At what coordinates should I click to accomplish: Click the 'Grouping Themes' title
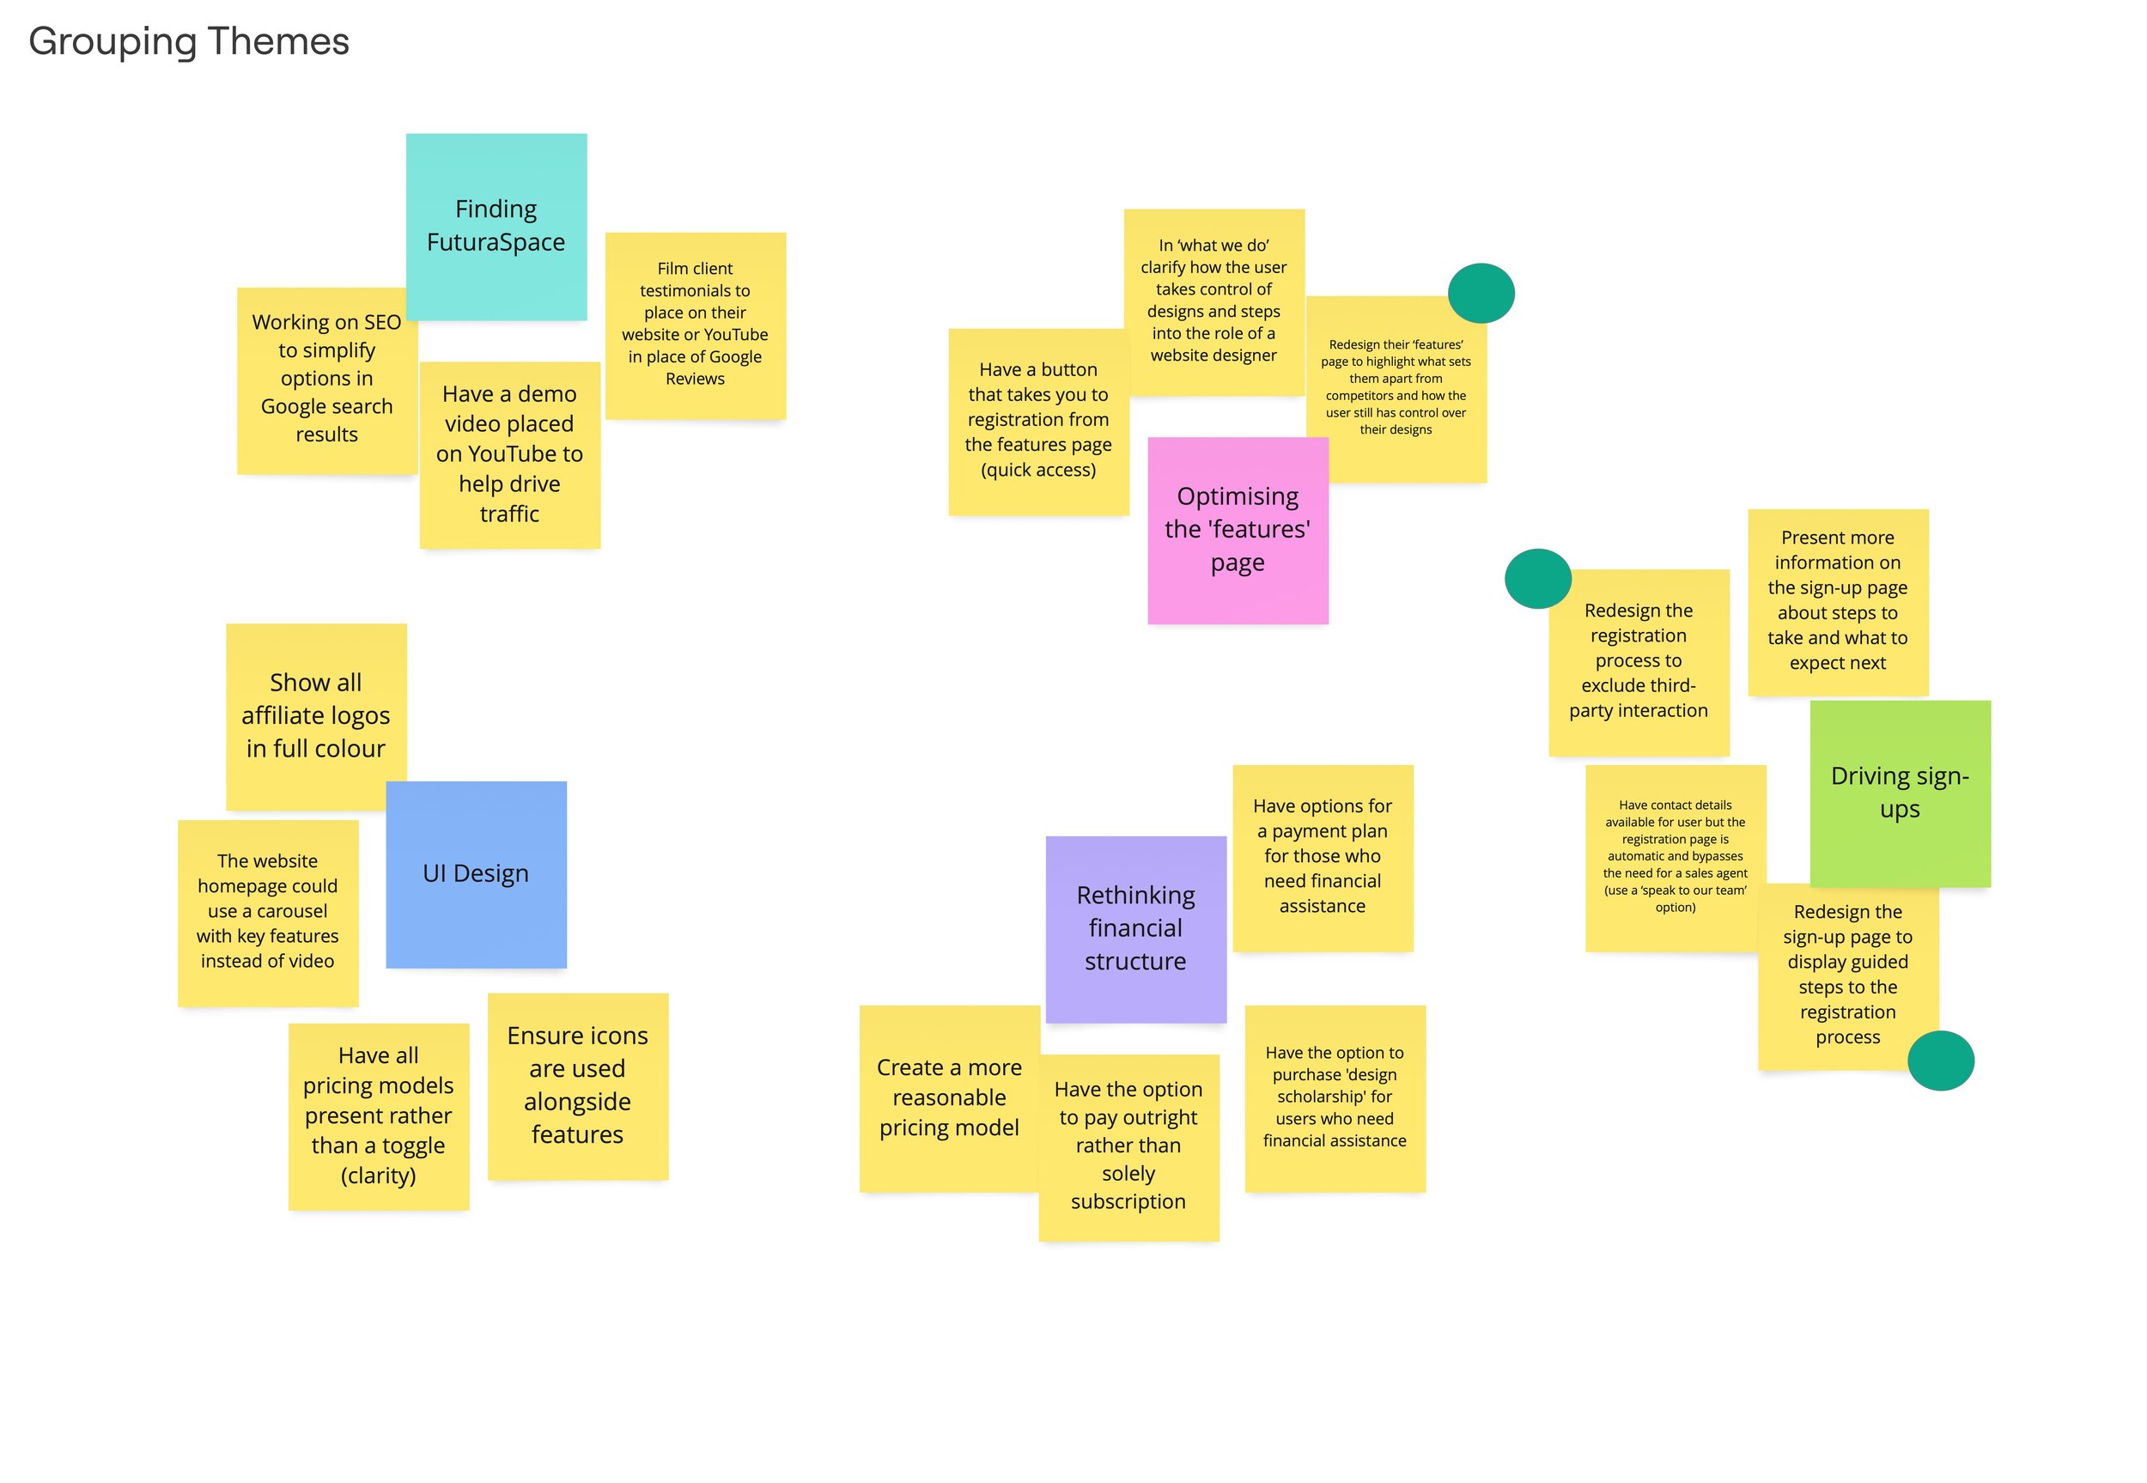tap(189, 42)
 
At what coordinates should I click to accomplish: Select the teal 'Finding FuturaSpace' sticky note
tap(496, 226)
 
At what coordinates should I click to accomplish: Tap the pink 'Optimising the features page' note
tap(1237, 530)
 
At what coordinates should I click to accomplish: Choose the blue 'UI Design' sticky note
tap(476, 873)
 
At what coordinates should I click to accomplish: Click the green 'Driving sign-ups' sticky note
tap(1899, 792)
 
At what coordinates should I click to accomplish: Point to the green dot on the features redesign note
tap(1480, 294)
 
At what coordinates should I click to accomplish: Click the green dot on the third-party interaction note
tap(1536, 579)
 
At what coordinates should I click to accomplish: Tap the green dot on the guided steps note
tap(1940, 1061)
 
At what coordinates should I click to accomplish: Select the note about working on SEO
tap(326, 379)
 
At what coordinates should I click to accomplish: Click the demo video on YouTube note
tap(509, 454)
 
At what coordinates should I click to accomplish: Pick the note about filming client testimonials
tap(695, 324)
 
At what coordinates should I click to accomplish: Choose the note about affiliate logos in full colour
tap(315, 715)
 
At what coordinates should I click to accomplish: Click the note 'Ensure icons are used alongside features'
tap(577, 1085)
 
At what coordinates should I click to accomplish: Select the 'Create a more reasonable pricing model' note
tap(949, 1097)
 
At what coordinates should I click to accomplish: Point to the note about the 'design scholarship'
tap(1334, 1097)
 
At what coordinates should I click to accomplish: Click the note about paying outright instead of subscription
tap(1128, 1146)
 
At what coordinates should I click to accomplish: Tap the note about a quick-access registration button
tap(1037, 420)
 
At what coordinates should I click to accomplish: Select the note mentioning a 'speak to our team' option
tap(1674, 857)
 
